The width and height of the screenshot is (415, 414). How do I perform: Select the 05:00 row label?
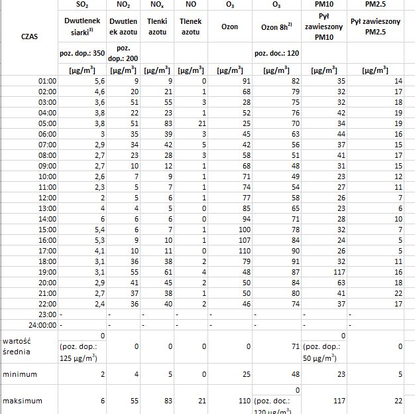(48, 123)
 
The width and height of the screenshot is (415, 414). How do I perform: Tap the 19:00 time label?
(48, 271)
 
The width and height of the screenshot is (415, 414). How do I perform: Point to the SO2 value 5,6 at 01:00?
(98, 81)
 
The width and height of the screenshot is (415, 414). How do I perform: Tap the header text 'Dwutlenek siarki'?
(82, 27)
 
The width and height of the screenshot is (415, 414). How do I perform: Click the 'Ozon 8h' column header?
(276, 27)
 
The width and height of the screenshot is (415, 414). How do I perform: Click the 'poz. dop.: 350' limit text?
(82, 52)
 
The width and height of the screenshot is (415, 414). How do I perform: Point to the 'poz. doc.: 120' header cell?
(276, 52)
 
